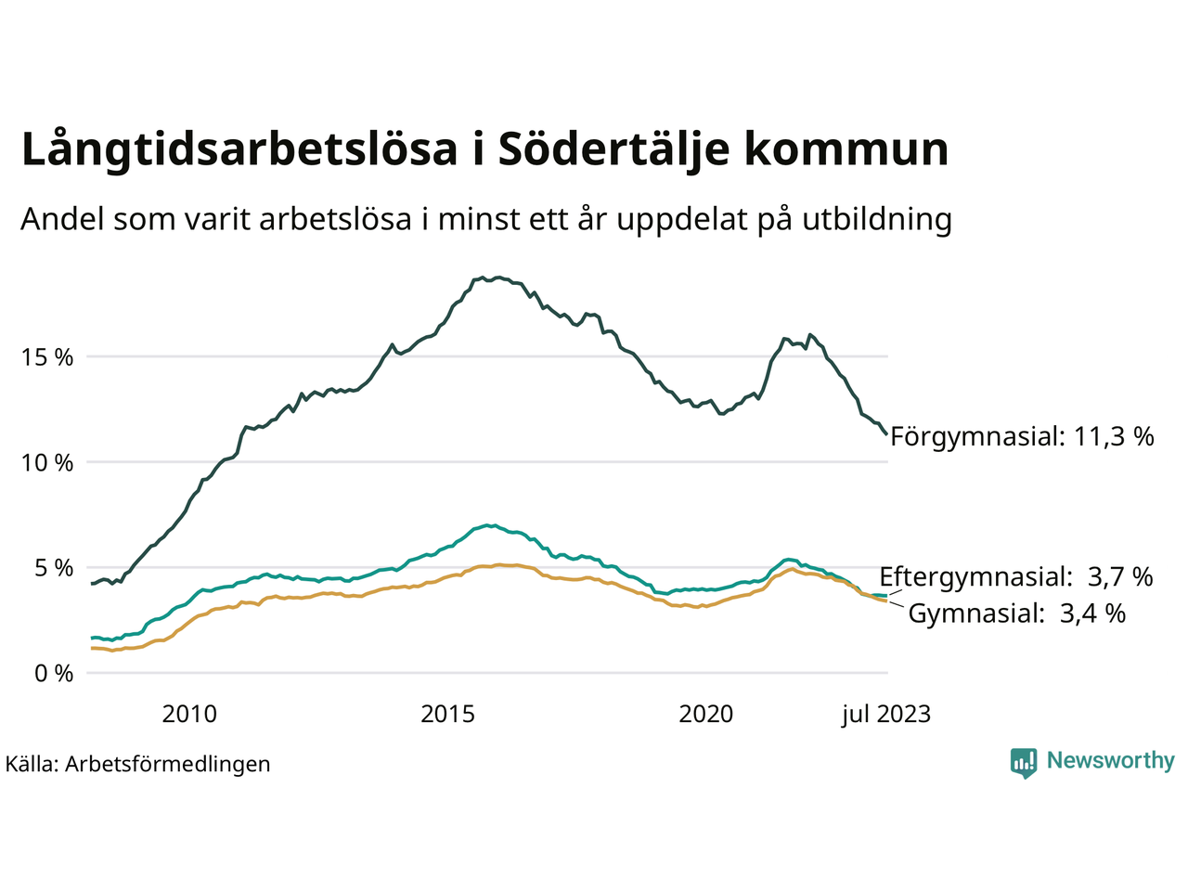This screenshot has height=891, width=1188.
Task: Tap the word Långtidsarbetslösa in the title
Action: pos(239,150)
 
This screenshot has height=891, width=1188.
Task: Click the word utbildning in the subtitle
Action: pos(877,220)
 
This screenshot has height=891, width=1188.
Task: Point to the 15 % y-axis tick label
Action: pos(47,357)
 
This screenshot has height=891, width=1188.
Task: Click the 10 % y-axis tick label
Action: pos(47,462)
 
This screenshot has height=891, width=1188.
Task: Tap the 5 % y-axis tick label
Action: pos(54,568)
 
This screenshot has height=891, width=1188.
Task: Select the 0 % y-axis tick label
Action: pos(54,674)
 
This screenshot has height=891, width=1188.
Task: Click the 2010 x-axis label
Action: pos(189,714)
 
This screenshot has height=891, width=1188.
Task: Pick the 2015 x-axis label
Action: pos(447,714)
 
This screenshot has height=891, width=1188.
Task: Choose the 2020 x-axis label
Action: pos(706,714)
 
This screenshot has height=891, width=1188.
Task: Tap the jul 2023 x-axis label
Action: pos(886,714)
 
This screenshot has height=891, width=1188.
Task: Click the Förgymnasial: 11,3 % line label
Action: pos(1022,436)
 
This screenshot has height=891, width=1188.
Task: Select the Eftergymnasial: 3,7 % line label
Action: pos(1016,576)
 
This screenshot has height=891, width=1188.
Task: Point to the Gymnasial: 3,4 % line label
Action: pos(1016,613)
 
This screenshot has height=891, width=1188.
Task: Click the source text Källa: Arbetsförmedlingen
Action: pos(138,764)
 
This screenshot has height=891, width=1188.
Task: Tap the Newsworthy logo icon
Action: pos(1024,763)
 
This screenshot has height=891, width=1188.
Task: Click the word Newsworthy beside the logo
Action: pos(1110,761)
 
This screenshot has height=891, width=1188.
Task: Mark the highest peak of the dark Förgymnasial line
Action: pos(498,277)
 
